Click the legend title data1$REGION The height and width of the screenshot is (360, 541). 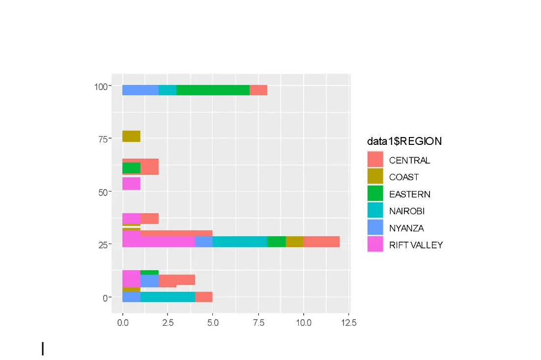pyautogui.click(x=404, y=141)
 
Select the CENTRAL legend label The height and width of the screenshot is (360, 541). pyautogui.click(x=409, y=160)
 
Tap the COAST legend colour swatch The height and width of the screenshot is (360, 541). pyautogui.click(x=375, y=177)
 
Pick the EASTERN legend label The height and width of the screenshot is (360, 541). pyautogui.click(x=409, y=194)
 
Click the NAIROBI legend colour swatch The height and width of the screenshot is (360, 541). pyautogui.click(x=375, y=211)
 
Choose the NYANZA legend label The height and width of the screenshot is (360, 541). pyautogui.click(x=406, y=228)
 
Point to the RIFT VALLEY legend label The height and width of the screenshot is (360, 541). pyautogui.click(x=416, y=245)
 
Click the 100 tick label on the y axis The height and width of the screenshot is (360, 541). pyautogui.click(x=100, y=87)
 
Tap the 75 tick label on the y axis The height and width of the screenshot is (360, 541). pyautogui.click(x=102, y=139)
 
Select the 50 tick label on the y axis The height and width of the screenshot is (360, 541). pyautogui.click(x=102, y=192)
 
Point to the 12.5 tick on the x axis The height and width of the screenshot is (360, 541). pyautogui.click(x=348, y=323)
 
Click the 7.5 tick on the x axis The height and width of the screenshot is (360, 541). pyautogui.click(x=258, y=323)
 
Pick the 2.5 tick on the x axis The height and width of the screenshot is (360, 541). pyautogui.click(x=168, y=323)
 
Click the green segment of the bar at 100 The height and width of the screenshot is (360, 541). pyautogui.click(x=213, y=90)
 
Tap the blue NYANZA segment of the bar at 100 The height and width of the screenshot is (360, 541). pyautogui.click(x=140, y=90)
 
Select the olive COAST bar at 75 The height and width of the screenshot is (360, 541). pyautogui.click(x=131, y=136)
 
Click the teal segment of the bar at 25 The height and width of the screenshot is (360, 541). pyautogui.click(x=240, y=242)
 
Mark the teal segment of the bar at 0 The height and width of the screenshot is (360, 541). pyautogui.click(x=168, y=297)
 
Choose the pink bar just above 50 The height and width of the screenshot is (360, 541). pyautogui.click(x=131, y=184)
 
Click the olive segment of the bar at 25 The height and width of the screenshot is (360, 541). pyautogui.click(x=294, y=242)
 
